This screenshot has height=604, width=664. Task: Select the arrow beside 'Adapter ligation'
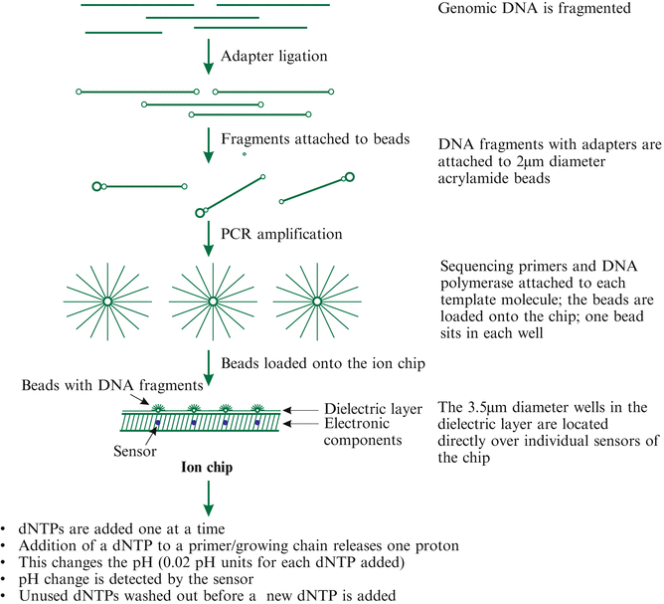(208, 56)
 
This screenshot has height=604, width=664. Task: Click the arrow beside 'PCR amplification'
(208, 235)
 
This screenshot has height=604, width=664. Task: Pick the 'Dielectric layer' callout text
(374, 408)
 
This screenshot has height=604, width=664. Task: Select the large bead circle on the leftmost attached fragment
(97, 186)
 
